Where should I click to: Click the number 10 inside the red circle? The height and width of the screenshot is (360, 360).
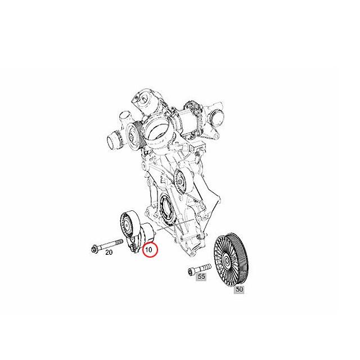click(x=148, y=250)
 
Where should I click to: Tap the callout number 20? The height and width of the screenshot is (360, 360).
click(x=109, y=253)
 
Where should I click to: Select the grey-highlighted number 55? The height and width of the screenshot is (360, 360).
click(x=201, y=276)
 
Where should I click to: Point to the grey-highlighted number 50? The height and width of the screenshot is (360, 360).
click(x=239, y=289)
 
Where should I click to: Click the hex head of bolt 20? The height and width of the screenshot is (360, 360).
click(x=94, y=248)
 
